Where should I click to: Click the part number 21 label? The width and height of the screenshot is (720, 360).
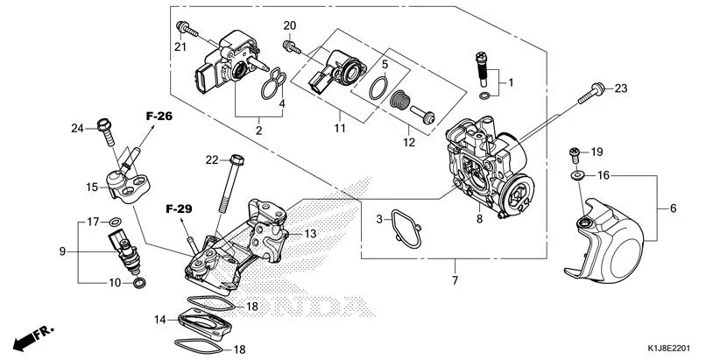181,46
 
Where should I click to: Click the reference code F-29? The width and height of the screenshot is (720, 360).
179,209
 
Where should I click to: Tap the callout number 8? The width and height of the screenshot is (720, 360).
480,219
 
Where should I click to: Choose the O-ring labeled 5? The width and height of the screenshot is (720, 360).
378,87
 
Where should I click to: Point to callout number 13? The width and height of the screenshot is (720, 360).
309,234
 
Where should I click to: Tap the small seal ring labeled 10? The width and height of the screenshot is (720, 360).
138,285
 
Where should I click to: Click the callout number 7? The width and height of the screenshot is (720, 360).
455,280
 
